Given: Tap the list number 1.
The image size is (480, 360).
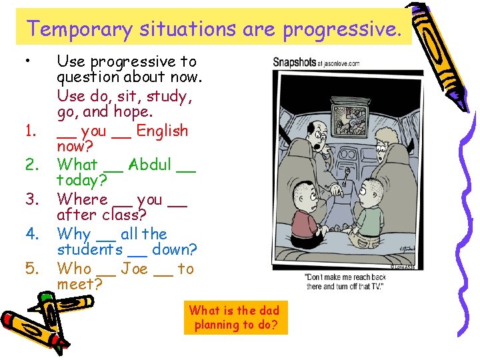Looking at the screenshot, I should tap(29, 131).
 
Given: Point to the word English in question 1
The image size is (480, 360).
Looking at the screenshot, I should tap(162, 131).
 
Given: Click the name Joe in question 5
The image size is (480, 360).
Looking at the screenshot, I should tap(135, 269).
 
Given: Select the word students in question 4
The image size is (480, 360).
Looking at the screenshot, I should tap(90, 250).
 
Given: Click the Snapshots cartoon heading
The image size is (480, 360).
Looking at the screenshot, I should tap(294, 62).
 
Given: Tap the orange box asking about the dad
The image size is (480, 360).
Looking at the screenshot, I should tap(234, 317).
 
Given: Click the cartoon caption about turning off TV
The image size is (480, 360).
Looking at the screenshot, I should tap(345, 281).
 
